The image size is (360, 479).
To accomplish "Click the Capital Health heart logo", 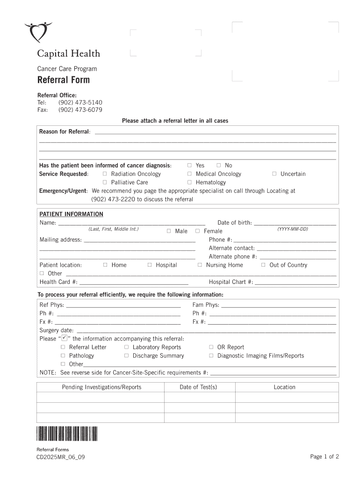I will (x=39, y=33).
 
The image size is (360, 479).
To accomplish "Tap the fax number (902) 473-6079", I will (x=80, y=110).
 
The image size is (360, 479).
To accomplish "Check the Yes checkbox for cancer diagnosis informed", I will (x=190, y=165).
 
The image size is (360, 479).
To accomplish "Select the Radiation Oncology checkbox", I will (x=105, y=174).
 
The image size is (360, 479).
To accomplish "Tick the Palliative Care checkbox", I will (x=105, y=182).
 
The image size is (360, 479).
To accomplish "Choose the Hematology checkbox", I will (x=190, y=182).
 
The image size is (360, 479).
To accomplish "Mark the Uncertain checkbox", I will (x=274, y=174).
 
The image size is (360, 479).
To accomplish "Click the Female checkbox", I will (x=198, y=231).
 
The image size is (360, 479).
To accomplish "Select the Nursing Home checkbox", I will (x=200, y=265).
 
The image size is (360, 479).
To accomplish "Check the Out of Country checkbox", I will (x=263, y=265).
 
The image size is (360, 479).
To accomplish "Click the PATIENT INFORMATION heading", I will (x=71, y=214).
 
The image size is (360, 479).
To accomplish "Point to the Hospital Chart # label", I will (x=231, y=282).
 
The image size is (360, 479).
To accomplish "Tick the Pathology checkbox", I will (x=63, y=356).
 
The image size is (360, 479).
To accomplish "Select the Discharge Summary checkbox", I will (x=127, y=356).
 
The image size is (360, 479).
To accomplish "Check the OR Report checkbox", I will (x=211, y=347).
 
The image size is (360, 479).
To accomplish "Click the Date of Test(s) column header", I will (x=198, y=387).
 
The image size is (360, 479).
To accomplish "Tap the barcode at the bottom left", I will (x=66, y=435).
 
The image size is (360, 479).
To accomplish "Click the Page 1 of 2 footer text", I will (x=324, y=457).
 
